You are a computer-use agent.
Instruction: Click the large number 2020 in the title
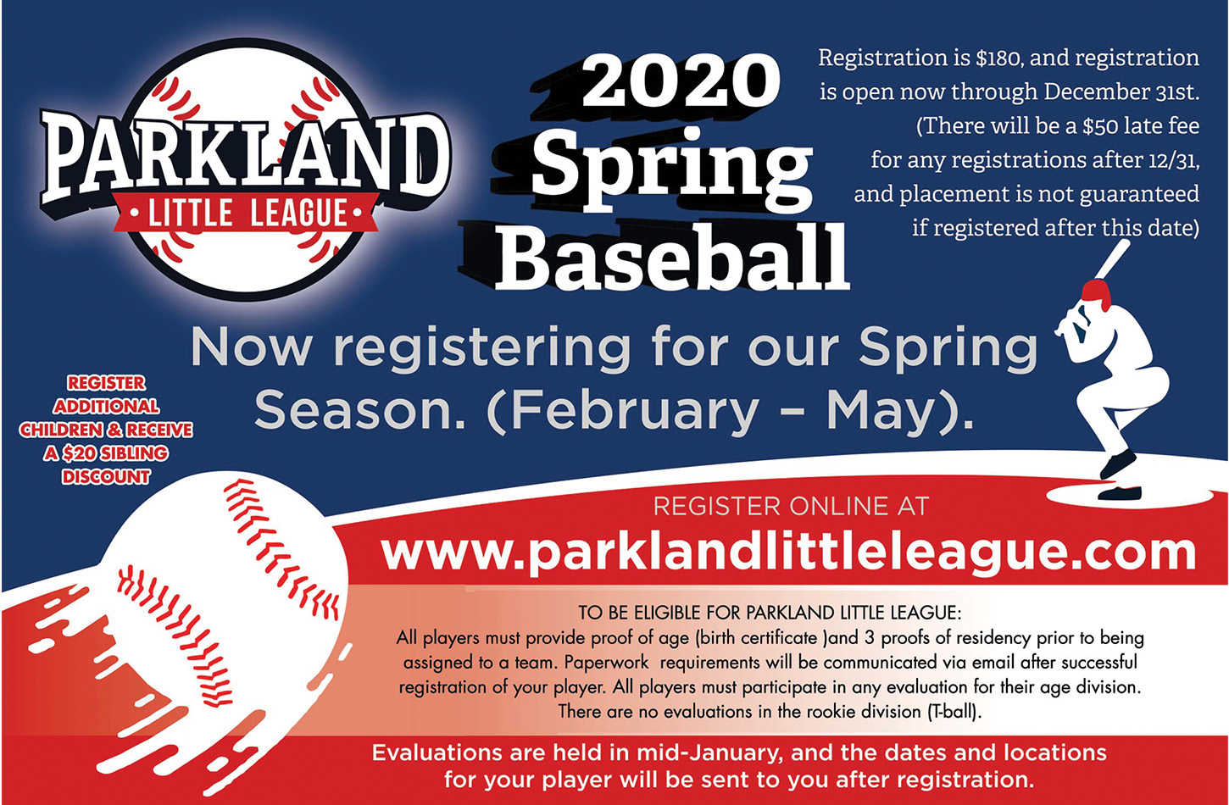point(681,82)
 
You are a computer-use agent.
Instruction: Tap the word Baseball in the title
point(673,256)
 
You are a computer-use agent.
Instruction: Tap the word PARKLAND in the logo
point(245,159)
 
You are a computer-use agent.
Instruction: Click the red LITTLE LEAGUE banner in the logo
point(247,213)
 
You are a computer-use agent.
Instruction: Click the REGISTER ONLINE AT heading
point(791,506)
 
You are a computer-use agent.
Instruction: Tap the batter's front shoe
point(1120,492)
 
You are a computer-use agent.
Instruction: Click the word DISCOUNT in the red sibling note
point(106,477)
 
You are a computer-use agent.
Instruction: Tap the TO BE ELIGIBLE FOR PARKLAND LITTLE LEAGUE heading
point(770,613)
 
